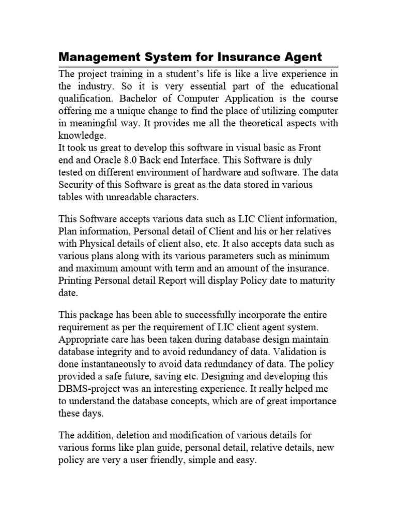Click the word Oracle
(x=93, y=160)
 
